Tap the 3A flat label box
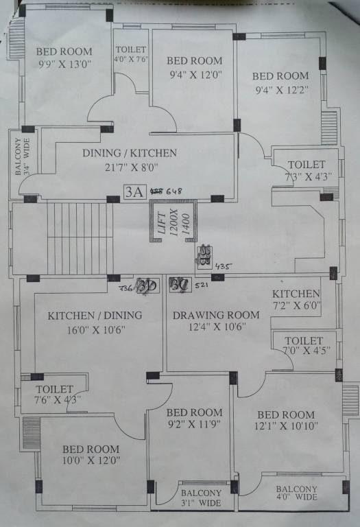(133, 192)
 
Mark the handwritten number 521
(201, 284)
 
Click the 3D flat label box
(146, 285)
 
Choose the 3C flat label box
(180, 284)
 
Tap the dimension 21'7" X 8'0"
(130, 167)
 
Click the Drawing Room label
(216, 315)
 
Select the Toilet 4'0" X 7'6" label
(130, 54)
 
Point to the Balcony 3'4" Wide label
(20, 156)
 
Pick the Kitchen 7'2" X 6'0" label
(296, 299)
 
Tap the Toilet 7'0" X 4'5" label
(304, 346)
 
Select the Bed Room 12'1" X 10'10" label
(285, 421)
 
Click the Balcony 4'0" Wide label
(297, 492)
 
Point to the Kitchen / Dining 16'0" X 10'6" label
(95, 322)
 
